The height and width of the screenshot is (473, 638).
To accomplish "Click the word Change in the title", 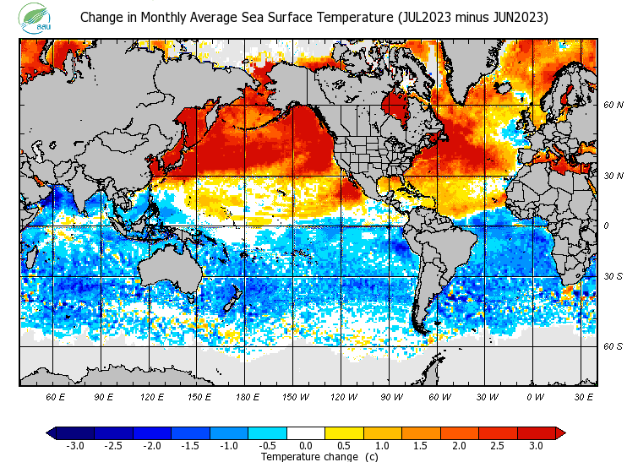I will tap(101, 17).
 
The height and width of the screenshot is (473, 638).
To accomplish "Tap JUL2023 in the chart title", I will tap(416, 17).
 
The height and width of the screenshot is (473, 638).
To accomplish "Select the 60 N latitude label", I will tap(613, 105).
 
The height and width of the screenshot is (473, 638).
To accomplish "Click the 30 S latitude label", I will tap(613, 276).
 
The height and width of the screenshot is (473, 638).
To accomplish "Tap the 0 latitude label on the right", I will tap(606, 226).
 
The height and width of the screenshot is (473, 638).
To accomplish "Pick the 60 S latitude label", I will tap(613, 346).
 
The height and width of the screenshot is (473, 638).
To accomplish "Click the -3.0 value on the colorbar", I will tap(74, 445).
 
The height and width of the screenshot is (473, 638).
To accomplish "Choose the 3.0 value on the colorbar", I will tap(537, 445).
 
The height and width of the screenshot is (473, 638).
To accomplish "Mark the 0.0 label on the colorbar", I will tap(306, 445).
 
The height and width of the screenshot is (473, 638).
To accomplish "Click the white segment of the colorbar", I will tap(306, 433).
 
